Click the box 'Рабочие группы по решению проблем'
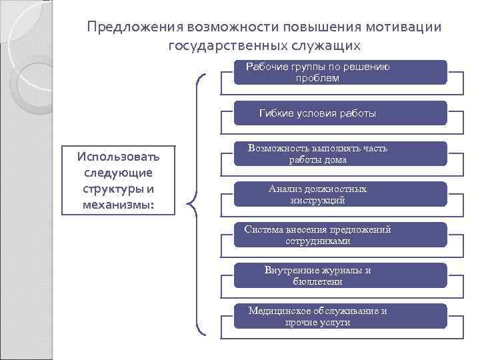340,72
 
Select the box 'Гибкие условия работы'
340,113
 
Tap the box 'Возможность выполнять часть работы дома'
340,154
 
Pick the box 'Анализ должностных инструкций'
340,194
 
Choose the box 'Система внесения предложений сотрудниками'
340,235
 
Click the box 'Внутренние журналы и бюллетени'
340,275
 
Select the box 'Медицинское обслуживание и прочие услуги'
340,316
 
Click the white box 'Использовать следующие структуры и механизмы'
118,181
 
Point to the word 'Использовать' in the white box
118,157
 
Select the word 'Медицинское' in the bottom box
281,311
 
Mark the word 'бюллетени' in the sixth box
317,281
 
